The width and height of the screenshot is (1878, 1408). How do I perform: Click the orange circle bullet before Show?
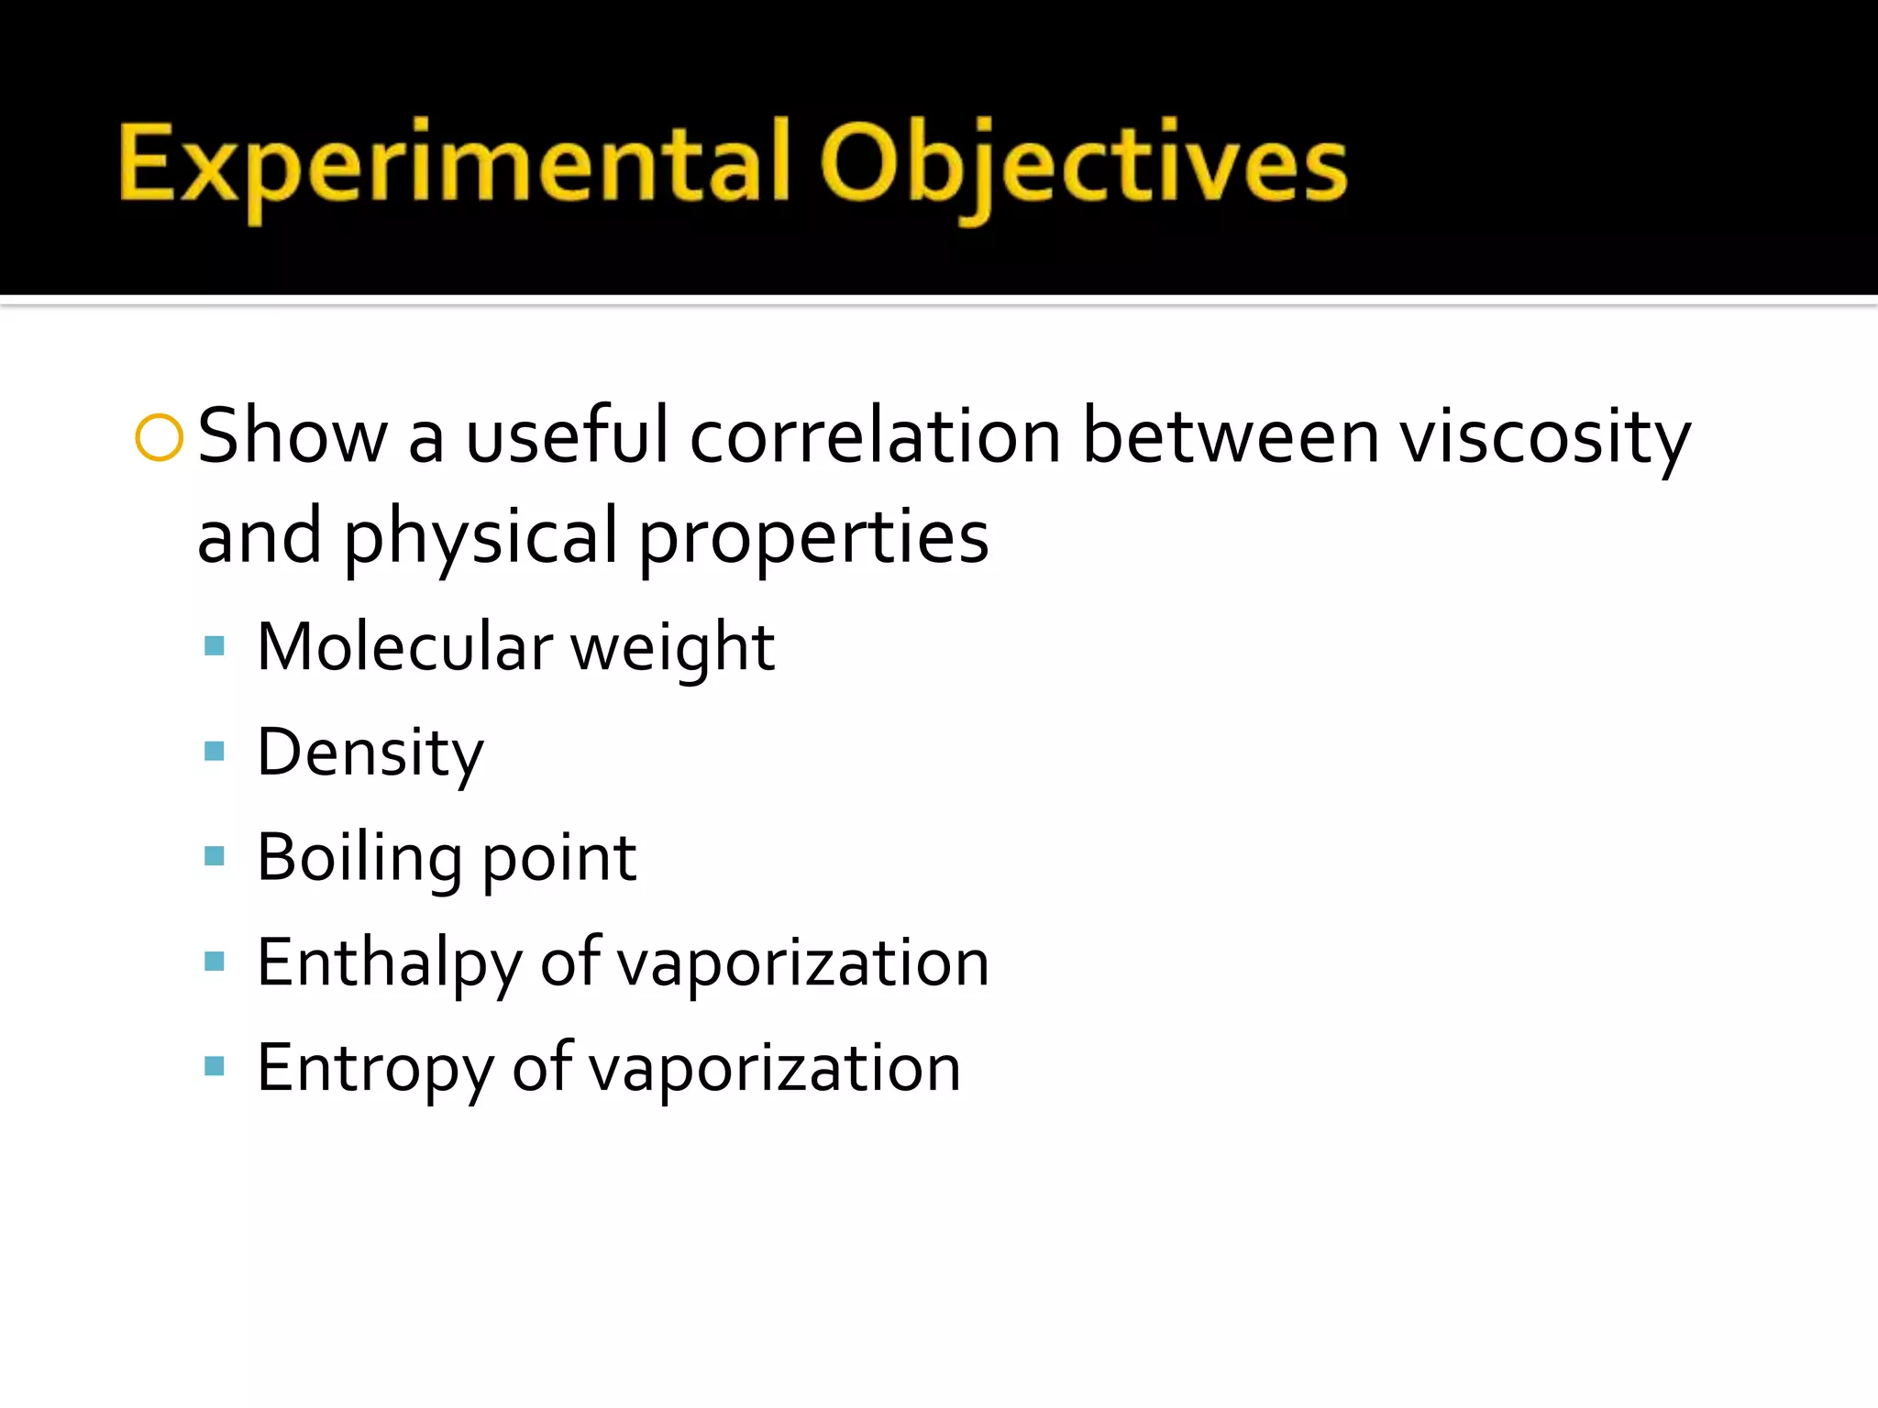pyautogui.click(x=159, y=437)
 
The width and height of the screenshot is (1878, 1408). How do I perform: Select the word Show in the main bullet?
pyautogui.click(x=293, y=435)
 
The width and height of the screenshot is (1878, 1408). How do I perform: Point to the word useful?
pyautogui.click(x=567, y=435)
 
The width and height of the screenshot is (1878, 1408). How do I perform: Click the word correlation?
pyautogui.click(x=875, y=435)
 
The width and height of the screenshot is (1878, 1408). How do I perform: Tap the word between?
pyautogui.click(x=1231, y=435)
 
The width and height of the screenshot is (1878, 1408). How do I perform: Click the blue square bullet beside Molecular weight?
pyautogui.click(x=215, y=646)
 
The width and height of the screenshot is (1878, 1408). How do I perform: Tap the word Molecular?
pyautogui.click(x=404, y=647)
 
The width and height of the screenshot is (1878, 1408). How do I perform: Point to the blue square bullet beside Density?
pyautogui.click(x=215, y=752)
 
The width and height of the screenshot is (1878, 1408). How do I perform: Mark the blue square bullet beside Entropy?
pyautogui.click(x=215, y=1066)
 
